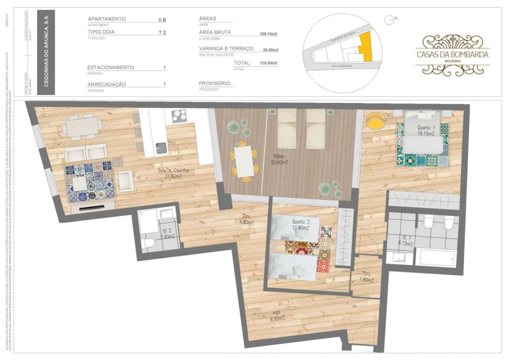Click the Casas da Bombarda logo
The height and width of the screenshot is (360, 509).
452,54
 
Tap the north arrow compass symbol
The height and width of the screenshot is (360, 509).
388,20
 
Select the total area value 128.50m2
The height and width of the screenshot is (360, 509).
268,63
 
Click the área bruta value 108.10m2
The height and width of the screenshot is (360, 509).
268,34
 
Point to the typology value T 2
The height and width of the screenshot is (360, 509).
162,32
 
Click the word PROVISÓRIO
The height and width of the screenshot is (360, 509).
214,83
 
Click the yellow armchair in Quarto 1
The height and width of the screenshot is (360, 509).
375,120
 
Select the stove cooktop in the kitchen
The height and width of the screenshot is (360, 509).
178,116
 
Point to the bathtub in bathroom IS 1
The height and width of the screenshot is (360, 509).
436,257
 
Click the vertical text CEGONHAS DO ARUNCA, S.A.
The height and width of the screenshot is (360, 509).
46,52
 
